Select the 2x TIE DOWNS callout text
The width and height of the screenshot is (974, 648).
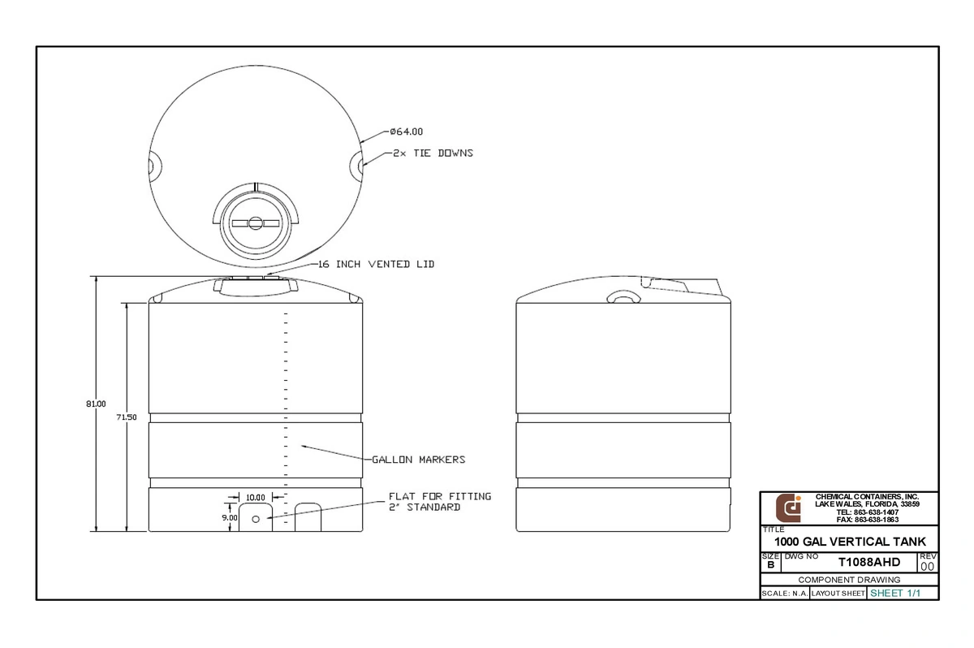click(433, 153)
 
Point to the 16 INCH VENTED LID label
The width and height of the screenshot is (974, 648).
click(377, 264)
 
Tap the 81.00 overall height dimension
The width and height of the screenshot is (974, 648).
click(96, 404)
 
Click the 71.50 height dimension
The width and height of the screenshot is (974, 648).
click(127, 417)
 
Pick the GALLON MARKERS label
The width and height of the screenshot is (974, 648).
click(419, 460)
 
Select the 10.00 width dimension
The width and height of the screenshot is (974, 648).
click(255, 498)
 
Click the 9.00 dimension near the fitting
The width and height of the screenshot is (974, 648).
click(230, 517)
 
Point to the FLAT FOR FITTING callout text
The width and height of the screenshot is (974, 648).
click(440, 496)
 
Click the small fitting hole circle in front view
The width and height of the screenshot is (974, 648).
click(256, 519)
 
